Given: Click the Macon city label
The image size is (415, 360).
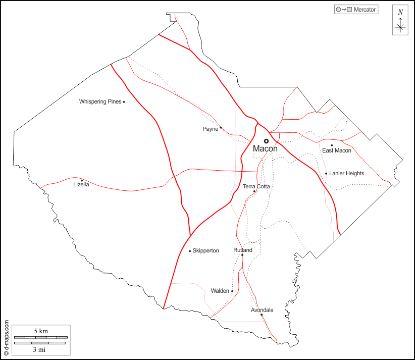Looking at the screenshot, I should [x=265, y=149].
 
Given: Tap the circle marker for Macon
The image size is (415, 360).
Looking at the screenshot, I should [x=266, y=141].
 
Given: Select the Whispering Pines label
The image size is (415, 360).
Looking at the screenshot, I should [x=100, y=102].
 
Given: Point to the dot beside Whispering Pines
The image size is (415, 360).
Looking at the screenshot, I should [x=124, y=102].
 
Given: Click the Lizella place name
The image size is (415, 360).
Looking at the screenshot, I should [x=81, y=185].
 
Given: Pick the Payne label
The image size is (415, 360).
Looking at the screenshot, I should [x=210, y=129].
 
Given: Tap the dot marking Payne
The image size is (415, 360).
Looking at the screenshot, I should [x=221, y=128].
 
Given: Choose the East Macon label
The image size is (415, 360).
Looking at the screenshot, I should [x=337, y=150].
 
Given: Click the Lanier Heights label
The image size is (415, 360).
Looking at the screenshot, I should [x=346, y=174].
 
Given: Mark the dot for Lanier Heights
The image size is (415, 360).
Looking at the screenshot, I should [x=326, y=174].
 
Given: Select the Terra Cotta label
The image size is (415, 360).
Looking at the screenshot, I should [x=256, y=187].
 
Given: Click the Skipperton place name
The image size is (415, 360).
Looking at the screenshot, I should [x=205, y=251].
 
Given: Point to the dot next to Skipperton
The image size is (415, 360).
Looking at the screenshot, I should [x=190, y=251].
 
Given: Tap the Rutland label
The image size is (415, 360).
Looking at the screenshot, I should [x=242, y=250].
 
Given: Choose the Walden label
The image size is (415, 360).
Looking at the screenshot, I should [x=220, y=291].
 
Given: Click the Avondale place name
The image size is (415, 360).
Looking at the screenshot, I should [x=262, y=310].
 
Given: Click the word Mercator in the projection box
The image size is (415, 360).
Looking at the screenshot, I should [x=365, y=10].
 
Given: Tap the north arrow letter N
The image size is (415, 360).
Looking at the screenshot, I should [x=400, y=12].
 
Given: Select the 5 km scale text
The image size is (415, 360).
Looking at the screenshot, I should [x=41, y=331].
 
